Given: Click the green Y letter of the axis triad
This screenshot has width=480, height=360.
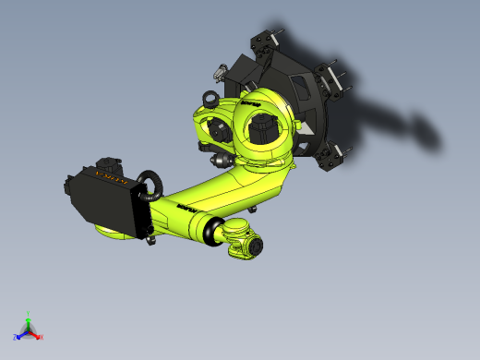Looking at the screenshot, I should pos(29,315).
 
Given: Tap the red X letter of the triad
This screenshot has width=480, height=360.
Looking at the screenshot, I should pos(42,337).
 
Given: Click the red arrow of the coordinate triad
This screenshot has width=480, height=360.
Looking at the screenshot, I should pos(35,334).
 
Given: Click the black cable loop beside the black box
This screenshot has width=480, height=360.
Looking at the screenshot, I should pos(150,185).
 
